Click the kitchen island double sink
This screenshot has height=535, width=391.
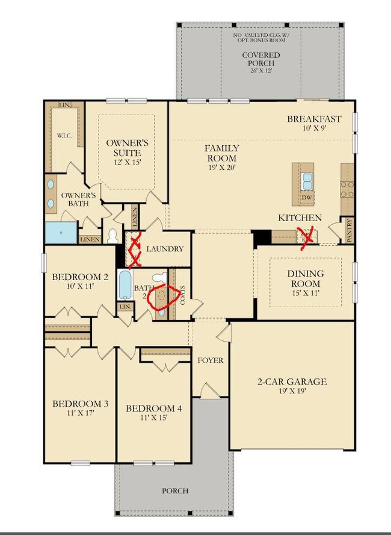307,178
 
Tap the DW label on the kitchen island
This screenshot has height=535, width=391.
307,197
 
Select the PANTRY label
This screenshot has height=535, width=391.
349,230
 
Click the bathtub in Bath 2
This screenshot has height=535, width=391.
125,285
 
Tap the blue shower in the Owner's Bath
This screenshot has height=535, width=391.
61,232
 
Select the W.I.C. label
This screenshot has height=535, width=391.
64,136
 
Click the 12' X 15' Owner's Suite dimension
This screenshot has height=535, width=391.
127,162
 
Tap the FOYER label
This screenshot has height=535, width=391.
211,360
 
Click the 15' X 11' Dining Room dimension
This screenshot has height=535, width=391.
303,293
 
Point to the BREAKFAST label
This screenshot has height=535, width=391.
313,119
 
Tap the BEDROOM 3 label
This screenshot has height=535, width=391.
80,404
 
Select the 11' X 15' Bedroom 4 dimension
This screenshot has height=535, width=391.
153,418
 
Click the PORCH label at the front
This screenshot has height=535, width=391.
175,490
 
